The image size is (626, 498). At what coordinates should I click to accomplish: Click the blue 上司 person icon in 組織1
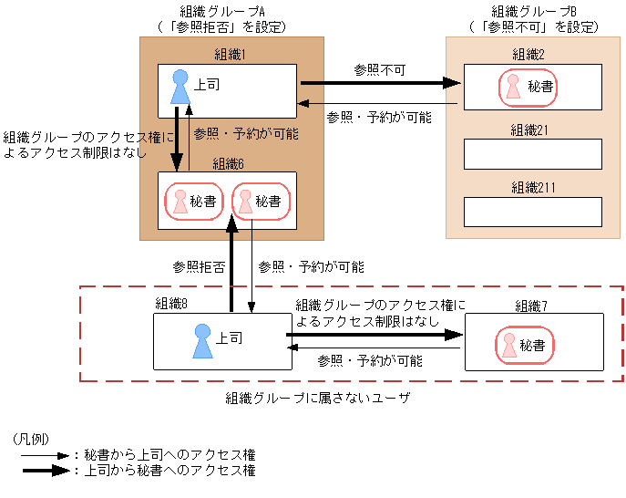(180, 88)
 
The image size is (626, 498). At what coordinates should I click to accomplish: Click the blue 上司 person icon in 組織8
(202, 341)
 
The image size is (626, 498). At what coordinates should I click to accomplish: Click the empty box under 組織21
(532, 155)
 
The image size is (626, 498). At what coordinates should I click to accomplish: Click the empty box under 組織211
(532, 212)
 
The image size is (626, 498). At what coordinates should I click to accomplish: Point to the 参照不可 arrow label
(378, 69)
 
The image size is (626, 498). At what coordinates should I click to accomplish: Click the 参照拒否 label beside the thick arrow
(198, 267)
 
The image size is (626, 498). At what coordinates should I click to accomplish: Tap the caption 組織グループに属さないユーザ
(318, 399)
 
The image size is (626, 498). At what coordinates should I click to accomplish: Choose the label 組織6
(228, 163)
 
